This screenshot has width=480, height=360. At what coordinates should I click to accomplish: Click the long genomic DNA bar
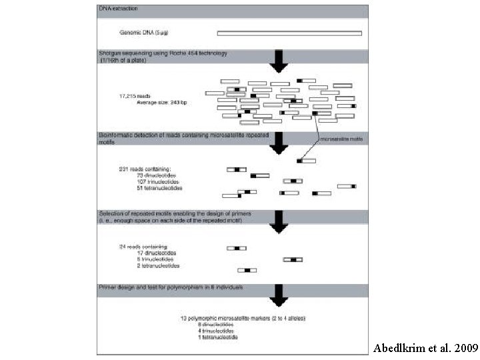tap(289, 33)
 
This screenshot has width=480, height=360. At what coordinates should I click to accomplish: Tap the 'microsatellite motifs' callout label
tap(342, 140)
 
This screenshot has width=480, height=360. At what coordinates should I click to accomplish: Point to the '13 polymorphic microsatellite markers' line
tap(243, 319)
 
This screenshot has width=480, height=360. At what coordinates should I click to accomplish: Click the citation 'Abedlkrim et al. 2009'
tap(425, 348)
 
